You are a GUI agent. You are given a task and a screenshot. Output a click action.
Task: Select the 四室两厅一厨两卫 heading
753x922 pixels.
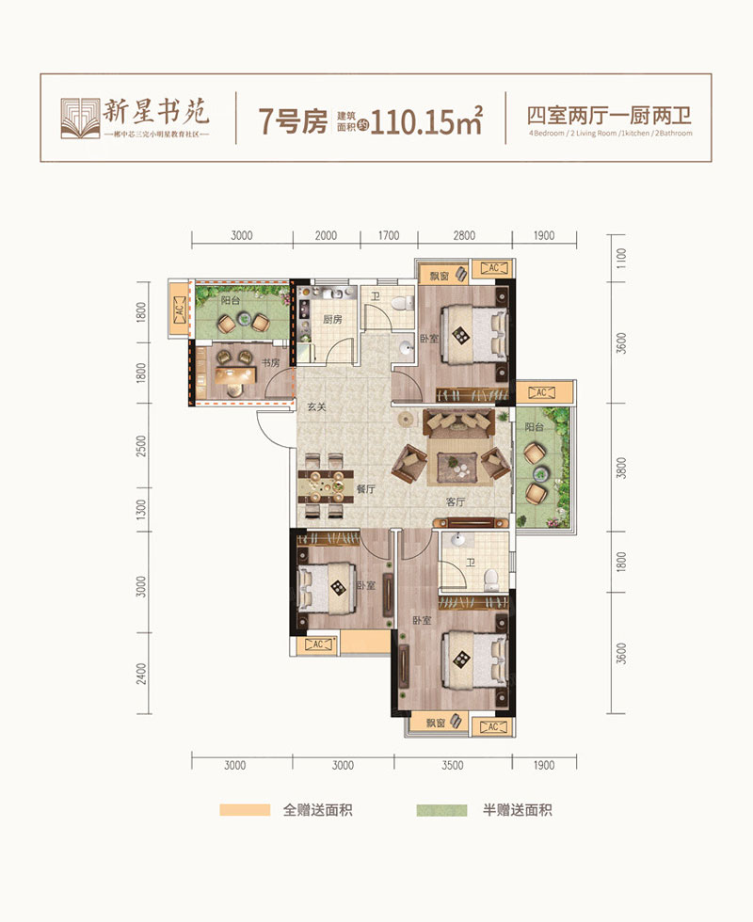tap(609, 117)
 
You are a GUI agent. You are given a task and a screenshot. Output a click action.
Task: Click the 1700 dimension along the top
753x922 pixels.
tap(389, 236)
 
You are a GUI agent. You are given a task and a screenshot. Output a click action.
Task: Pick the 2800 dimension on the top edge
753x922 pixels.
tap(464, 236)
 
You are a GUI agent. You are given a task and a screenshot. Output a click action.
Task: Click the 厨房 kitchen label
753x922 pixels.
tap(331, 319)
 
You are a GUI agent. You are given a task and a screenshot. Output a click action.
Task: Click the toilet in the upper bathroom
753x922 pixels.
tap(403, 303)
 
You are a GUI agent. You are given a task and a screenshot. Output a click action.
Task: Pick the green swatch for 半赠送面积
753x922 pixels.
tap(442, 810)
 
